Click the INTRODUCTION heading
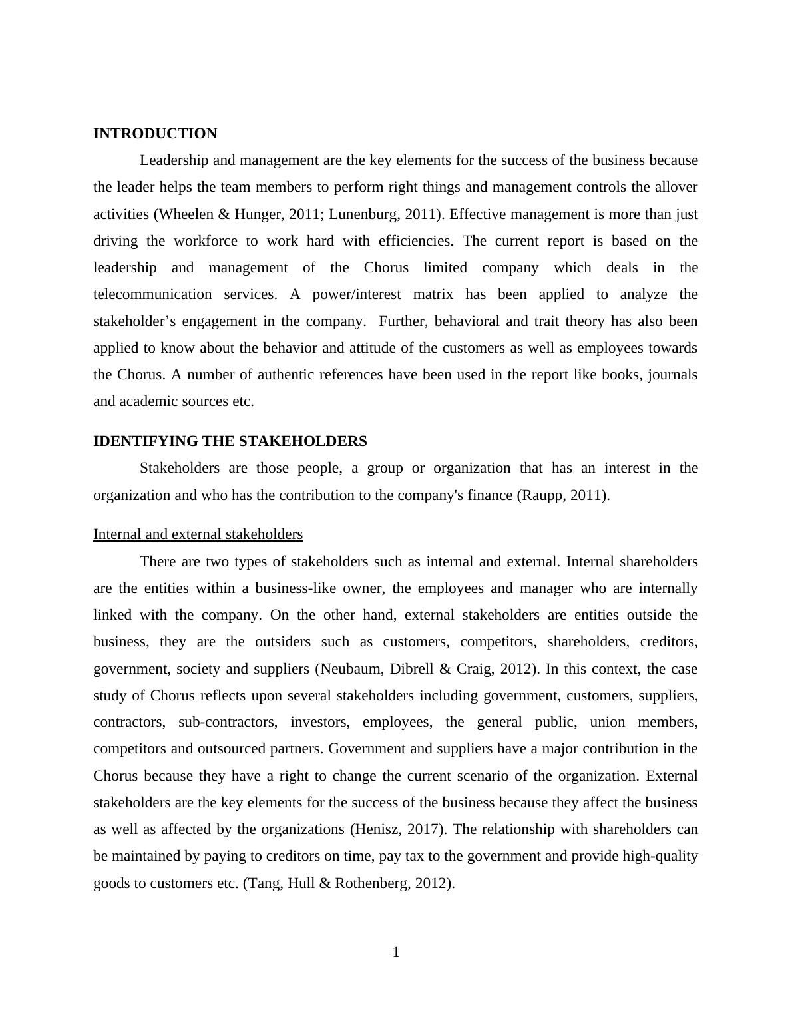tap(155, 134)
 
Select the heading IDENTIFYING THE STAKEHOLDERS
tap(230, 441)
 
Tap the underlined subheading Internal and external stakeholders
tap(198, 534)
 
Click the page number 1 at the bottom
tap(396, 952)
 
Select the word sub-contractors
tap(226, 722)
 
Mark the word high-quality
tap(660, 856)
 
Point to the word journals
tap(672, 375)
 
